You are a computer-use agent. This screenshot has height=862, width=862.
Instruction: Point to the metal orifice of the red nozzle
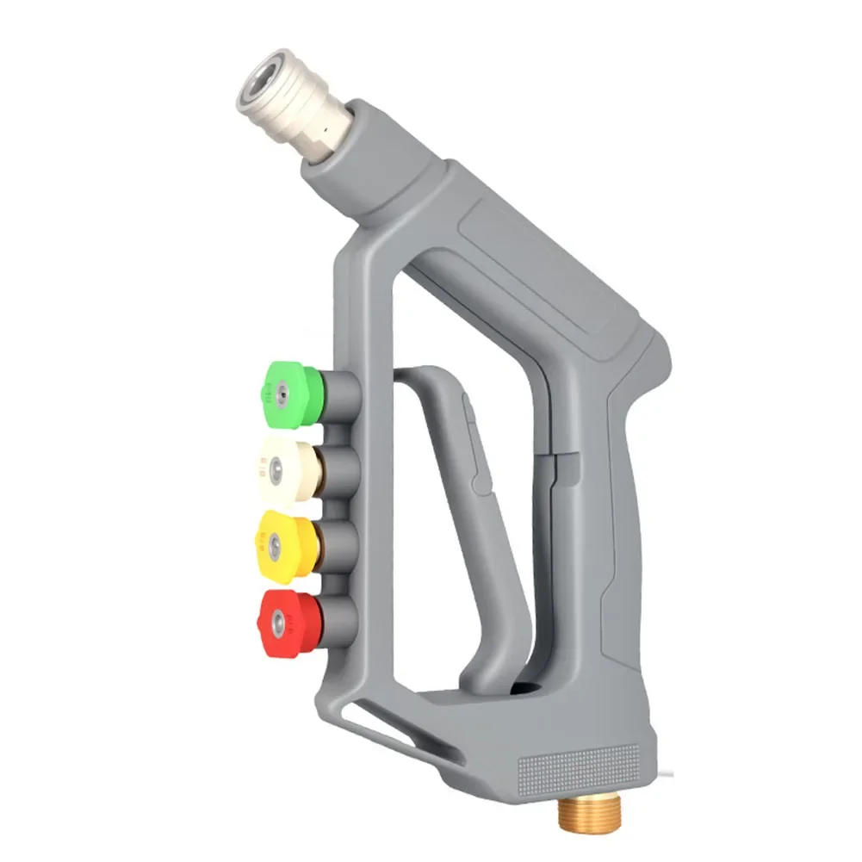coord(276,617)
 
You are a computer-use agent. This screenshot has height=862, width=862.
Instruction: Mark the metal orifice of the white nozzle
coord(274,469)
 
